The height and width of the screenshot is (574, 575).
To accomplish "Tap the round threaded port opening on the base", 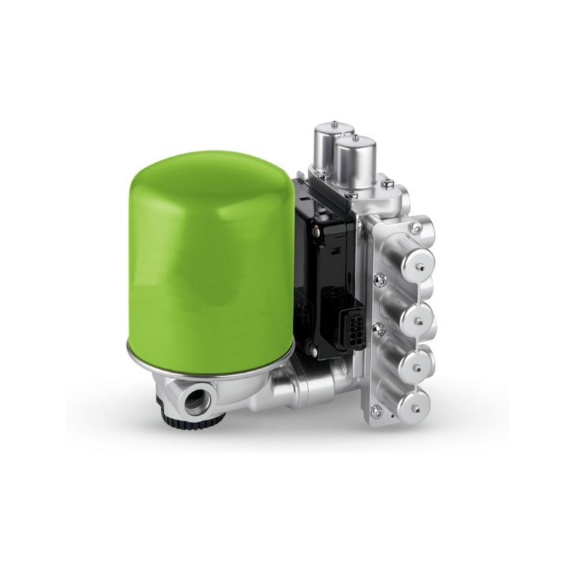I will tap(195, 402).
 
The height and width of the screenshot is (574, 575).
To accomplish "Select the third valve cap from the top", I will tap(418, 364).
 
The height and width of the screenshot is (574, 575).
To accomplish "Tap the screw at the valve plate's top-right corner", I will tap(415, 228).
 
